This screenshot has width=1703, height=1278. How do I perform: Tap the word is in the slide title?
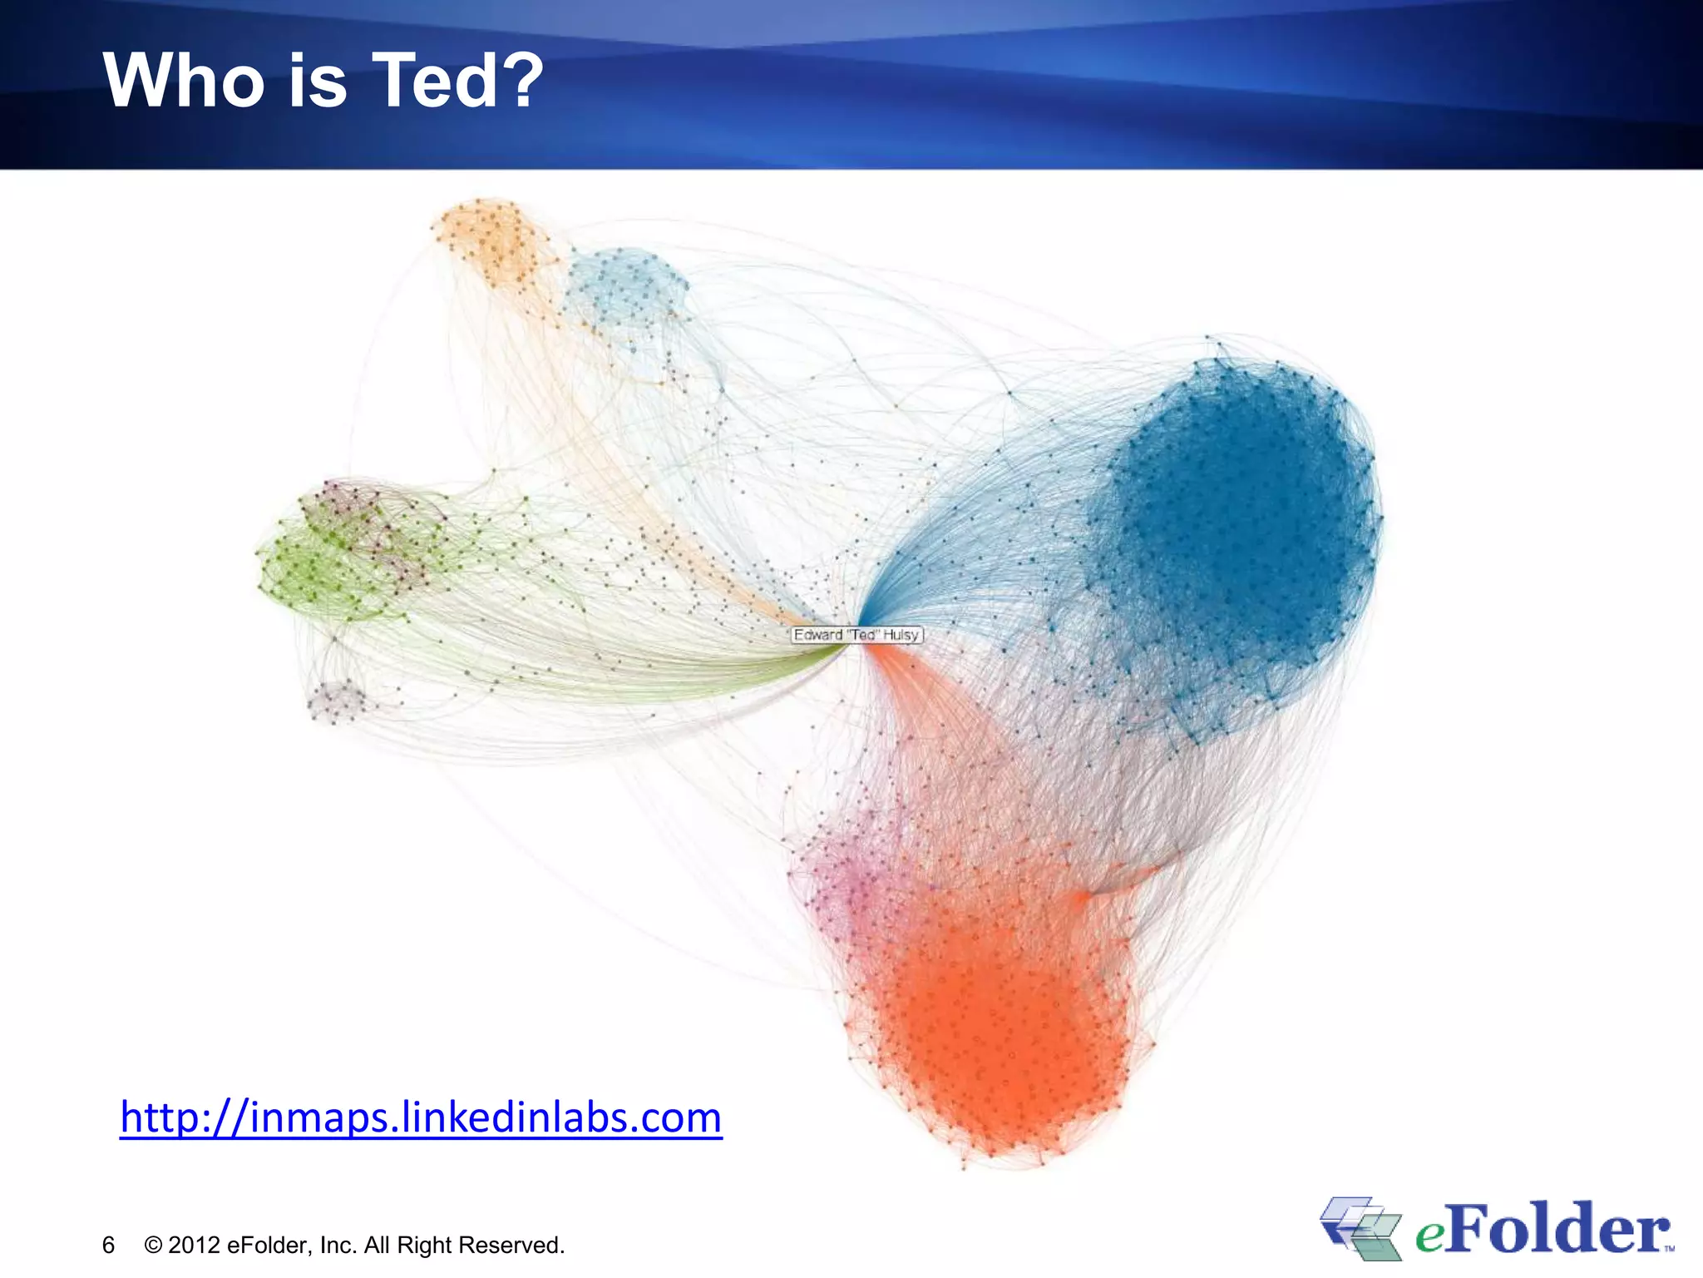[x=318, y=81]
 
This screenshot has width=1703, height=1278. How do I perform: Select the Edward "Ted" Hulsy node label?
[x=856, y=635]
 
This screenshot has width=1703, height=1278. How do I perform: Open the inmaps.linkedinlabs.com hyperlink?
[x=421, y=1117]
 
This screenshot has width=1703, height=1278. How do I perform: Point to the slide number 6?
[x=108, y=1245]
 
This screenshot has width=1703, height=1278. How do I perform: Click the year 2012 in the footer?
[x=194, y=1245]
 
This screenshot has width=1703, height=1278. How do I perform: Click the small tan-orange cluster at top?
[x=492, y=241]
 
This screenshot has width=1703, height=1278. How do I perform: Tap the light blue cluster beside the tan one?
[x=625, y=287]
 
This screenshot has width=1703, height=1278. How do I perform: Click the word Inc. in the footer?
[x=338, y=1245]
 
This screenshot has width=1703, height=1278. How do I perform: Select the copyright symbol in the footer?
[x=153, y=1245]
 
